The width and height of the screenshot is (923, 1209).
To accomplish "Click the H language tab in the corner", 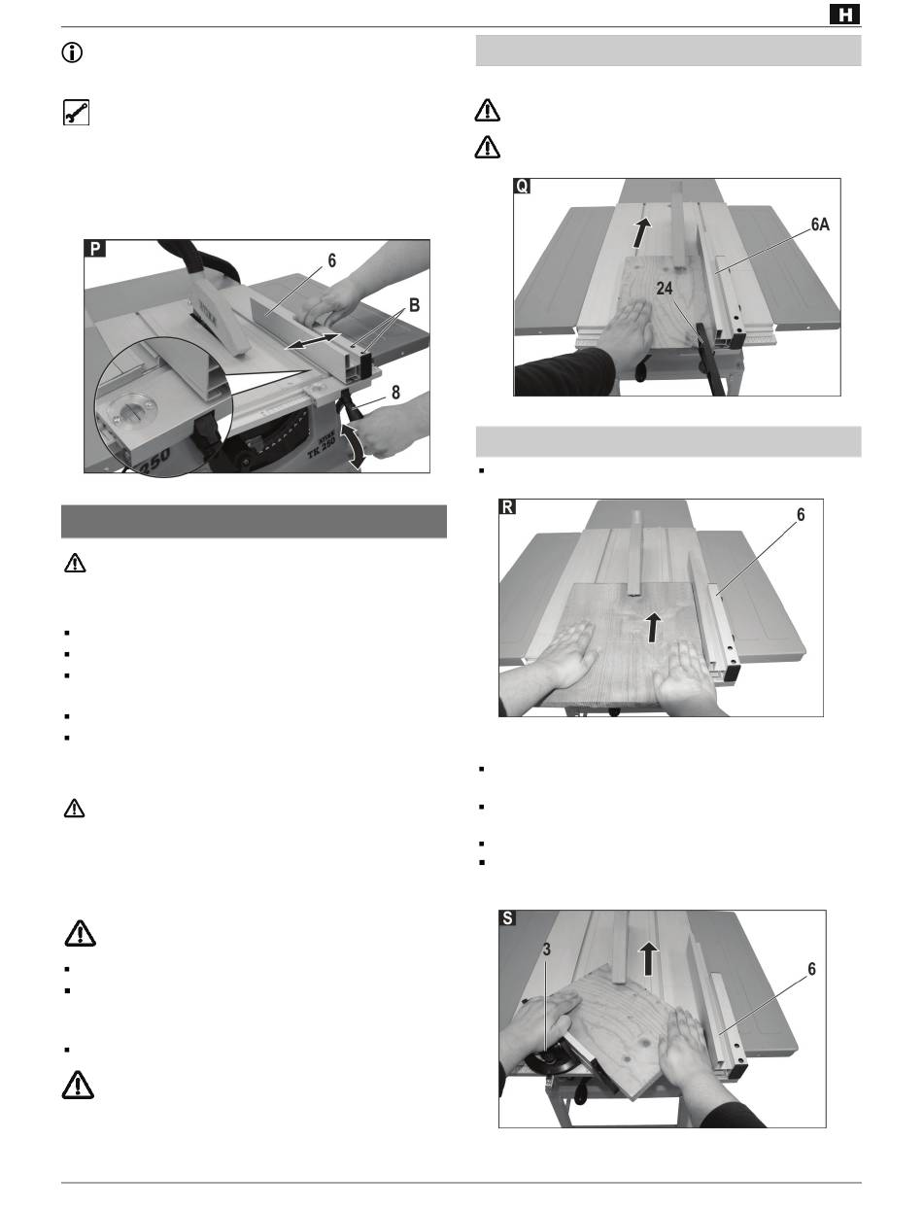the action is [x=844, y=15].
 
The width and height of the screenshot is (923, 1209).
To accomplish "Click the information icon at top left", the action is [x=72, y=52].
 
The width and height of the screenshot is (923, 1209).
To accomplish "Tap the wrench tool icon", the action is [x=76, y=113].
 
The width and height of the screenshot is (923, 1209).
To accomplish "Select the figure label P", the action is [x=94, y=249].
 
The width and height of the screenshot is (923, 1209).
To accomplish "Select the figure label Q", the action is [x=522, y=187].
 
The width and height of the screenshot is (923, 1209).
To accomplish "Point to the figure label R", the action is [x=507, y=506].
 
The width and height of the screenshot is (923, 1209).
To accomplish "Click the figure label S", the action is [x=507, y=917].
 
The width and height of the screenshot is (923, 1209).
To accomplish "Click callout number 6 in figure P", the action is [x=331, y=260].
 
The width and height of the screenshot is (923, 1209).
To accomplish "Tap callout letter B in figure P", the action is [x=414, y=304].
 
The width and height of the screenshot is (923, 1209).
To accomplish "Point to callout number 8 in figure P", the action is [x=395, y=393].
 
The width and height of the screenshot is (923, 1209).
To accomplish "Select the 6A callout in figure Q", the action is [x=820, y=225].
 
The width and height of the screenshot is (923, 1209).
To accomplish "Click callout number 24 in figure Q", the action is [x=665, y=288].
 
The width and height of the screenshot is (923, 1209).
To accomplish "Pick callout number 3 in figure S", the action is [x=546, y=949].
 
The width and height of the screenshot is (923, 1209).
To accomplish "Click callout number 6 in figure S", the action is [x=811, y=969].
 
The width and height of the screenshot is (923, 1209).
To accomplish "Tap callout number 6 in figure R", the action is [x=801, y=514].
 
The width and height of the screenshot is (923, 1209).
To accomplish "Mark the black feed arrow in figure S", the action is [x=649, y=959].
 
